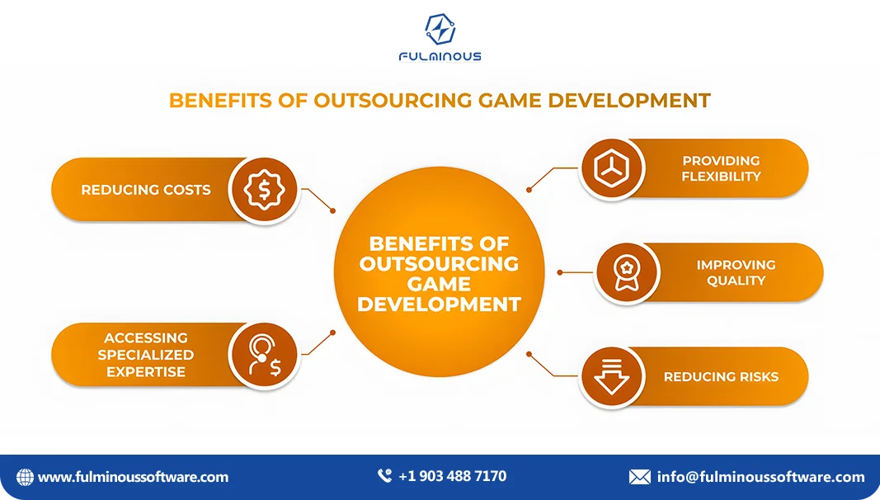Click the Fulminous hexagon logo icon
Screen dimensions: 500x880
click(440, 30)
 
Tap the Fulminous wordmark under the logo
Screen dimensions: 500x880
click(440, 57)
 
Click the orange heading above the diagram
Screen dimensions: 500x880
click(440, 101)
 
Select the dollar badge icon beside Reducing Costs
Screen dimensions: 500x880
click(264, 190)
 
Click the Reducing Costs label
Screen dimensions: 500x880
click(146, 190)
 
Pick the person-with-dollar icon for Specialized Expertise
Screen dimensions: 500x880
click(264, 355)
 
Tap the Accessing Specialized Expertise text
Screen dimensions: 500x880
click(146, 355)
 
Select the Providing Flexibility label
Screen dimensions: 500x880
click(721, 168)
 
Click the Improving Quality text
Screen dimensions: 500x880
click(736, 272)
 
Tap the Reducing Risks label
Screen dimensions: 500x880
click(721, 376)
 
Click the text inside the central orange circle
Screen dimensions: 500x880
click(440, 274)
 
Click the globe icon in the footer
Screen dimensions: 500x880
click(26, 477)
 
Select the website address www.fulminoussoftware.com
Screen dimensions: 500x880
click(134, 477)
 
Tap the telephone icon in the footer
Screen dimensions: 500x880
click(384, 476)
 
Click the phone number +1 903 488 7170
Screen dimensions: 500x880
click(452, 476)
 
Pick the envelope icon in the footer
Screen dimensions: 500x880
click(640, 477)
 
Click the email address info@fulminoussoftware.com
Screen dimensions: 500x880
click(760, 477)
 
